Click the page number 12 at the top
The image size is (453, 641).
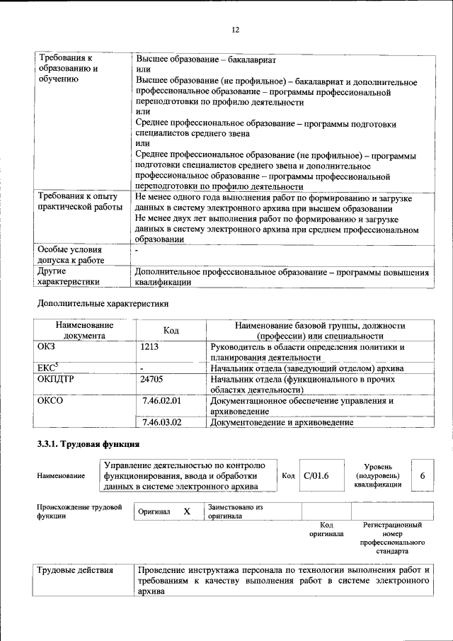(x=236, y=30)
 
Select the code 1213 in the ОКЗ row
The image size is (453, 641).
(x=149, y=347)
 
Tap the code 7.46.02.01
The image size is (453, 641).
(x=162, y=401)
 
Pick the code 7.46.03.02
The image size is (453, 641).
(x=162, y=422)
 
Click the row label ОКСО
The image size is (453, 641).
(x=50, y=401)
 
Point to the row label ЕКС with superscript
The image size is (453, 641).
(x=48, y=368)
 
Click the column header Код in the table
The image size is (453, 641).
(x=171, y=330)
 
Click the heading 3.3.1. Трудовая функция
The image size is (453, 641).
(x=88, y=445)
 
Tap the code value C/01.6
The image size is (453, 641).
(x=316, y=475)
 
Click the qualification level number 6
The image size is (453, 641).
(x=422, y=475)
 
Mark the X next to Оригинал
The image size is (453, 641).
(x=187, y=511)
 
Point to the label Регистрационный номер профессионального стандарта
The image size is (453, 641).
(x=391, y=538)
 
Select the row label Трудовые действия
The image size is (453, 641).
(x=74, y=570)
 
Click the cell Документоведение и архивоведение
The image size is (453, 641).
(x=282, y=422)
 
